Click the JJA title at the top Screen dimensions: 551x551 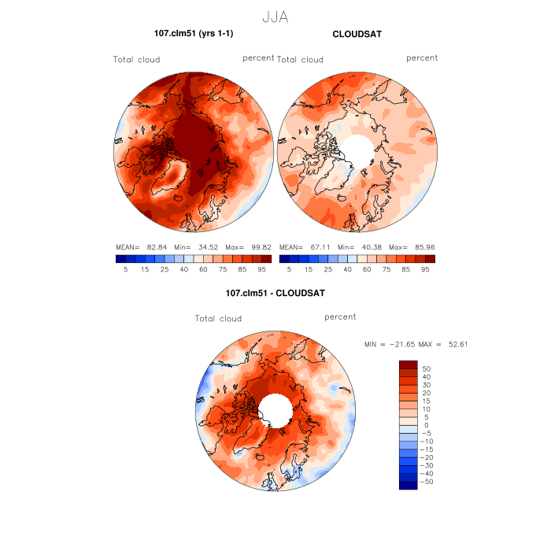274,16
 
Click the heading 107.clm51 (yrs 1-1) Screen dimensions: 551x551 194,33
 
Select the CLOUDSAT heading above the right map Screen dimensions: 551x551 357,34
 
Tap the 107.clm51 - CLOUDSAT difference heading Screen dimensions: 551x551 275,293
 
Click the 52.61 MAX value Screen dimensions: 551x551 457,344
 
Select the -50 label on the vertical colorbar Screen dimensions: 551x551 426,481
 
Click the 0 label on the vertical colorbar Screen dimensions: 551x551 426,424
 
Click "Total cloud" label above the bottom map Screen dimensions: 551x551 218,319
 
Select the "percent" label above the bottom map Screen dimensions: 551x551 340,316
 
